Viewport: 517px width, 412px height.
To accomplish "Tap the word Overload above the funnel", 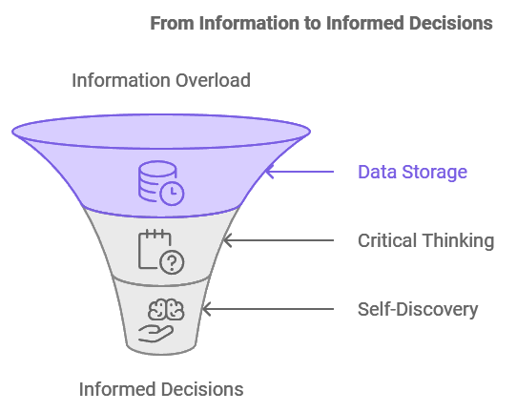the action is [x=213, y=80].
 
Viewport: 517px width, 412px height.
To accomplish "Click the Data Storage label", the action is [x=412, y=172].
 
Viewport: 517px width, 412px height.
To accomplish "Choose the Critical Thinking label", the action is [x=426, y=240].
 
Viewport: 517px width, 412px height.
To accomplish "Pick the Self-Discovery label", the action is [x=418, y=309].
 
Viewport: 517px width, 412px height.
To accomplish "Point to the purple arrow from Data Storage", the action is [x=300, y=172].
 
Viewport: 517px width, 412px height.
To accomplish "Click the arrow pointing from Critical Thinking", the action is [x=279, y=240].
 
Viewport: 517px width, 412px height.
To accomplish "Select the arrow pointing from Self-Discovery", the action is [x=268, y=309].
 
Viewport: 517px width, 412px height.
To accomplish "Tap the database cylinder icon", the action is [x=157, y=180].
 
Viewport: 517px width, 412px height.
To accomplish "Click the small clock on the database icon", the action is [x=172, y=194].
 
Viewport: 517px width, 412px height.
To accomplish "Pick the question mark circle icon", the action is [x=172, y=262].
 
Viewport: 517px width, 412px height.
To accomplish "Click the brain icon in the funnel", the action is [x=166, y=310].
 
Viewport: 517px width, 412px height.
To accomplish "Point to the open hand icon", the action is [x=155, y=334].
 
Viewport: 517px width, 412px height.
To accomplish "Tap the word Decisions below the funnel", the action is [x=196, y=389].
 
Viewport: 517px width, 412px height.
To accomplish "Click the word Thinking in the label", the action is [x=459, y=240].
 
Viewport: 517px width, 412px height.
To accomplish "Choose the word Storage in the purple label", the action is [x=434, y=172].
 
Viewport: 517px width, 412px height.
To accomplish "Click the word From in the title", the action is [x=172, y=24].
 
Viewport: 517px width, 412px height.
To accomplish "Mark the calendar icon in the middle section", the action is [x=155, y=249].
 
